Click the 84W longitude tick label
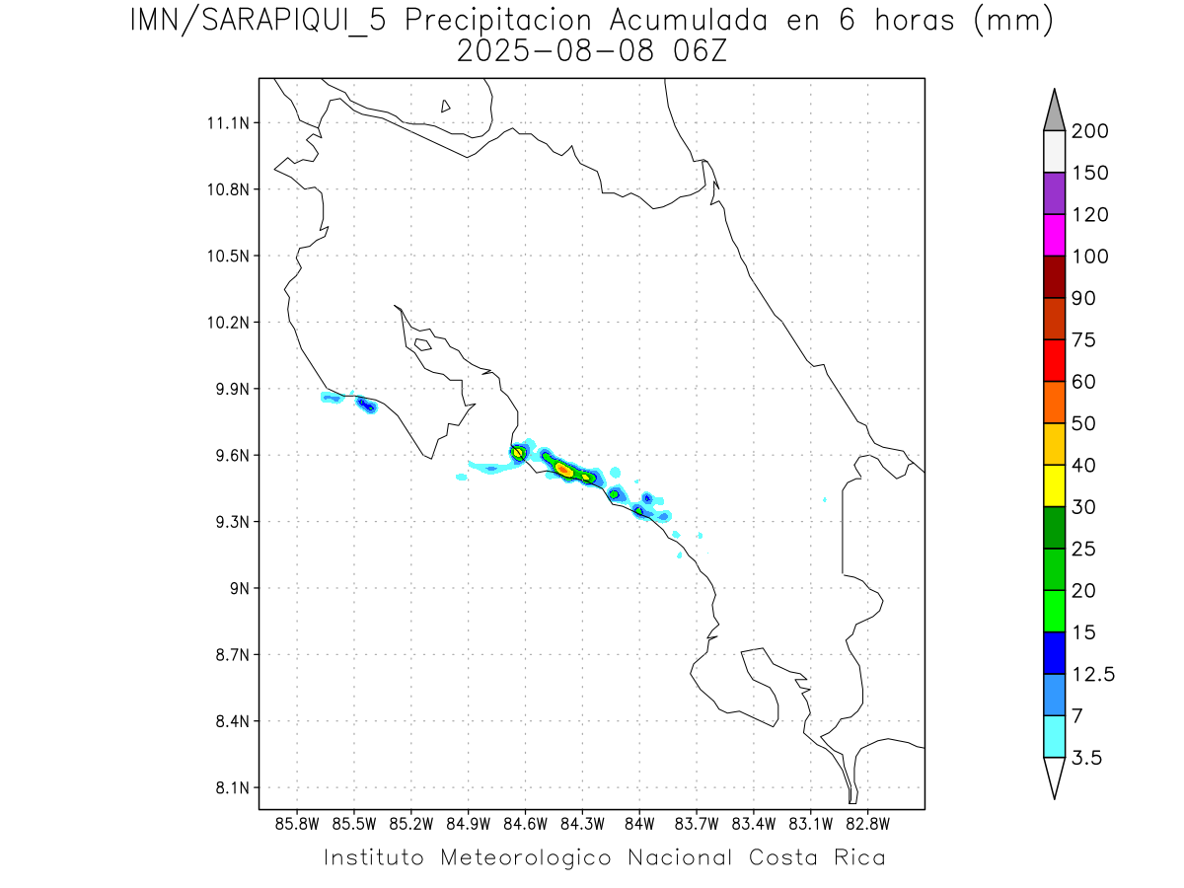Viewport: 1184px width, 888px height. pyautogui.click(x=639, y=822)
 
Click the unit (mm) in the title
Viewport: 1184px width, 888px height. pyautogui.click(x=1013, y=20)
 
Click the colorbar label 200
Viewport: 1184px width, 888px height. pyautogui.click(x=1090, y=132)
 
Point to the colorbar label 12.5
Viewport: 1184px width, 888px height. pyautogui.click(x=1093, y=675)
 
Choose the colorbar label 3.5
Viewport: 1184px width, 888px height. pyautogui.click(x=1087, y=758)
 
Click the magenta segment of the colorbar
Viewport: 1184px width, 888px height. pyautogui.click(x=1053, y=235)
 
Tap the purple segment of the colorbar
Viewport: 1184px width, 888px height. pyautogui.click(x=1053, y=193)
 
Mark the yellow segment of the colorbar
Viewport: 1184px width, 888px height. pyautogui.click(x=1053, y=484)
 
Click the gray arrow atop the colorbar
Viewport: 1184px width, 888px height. pyautogui.click(x=1053, y=111)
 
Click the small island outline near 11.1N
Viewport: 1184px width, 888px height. pyautogui.click(x=446, y=106)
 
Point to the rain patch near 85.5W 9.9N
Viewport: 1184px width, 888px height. pyautogui.click(x=367, y=405)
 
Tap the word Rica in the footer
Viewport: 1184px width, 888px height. pyautogui.click(x=857, y=857)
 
